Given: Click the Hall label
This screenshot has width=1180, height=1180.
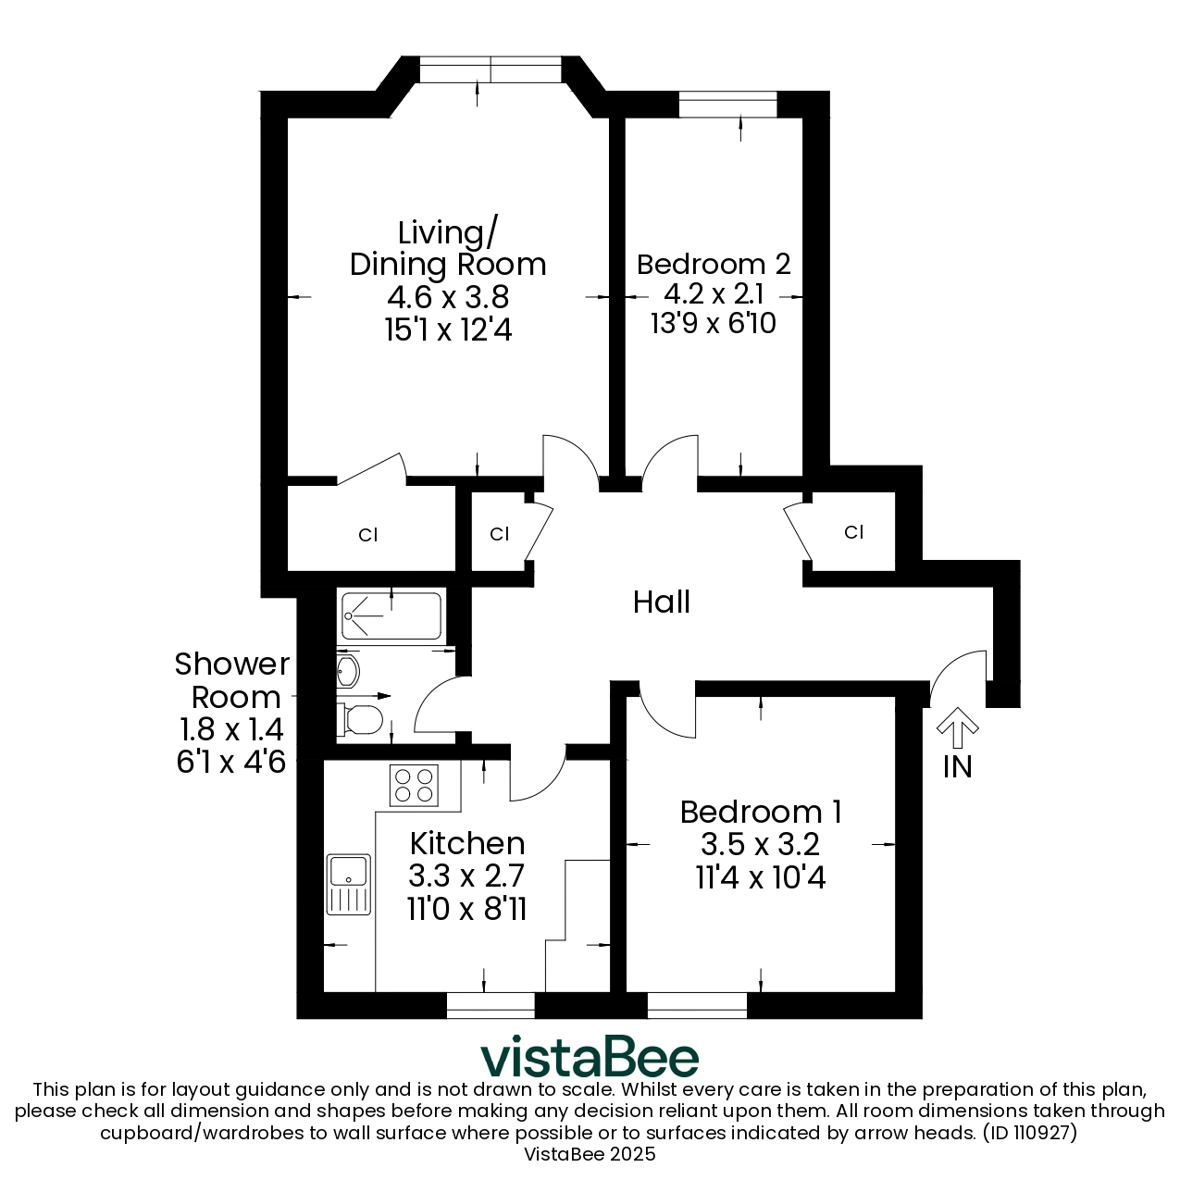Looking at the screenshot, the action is (x=662, y=602).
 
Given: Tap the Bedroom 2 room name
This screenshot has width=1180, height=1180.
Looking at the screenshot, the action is (x=714, y=265).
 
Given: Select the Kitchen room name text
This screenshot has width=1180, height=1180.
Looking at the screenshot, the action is (x=467, y=844).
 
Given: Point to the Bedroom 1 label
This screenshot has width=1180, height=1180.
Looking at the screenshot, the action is (x=761, y=812).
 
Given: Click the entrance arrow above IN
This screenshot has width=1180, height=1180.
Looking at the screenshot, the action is (x=958, y=727).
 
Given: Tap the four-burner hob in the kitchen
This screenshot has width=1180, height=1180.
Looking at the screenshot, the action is (x=414, y=786).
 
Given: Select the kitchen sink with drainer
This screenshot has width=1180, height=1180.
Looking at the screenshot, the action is (x=348, y=885).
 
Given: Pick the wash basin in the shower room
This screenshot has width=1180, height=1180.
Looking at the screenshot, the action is (x=347, y=671).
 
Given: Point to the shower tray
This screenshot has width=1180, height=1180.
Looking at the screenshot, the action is (x=391, y=615).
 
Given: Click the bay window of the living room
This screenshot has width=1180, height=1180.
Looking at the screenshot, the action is (x=490, y=69).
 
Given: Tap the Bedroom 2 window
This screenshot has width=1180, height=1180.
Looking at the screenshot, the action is (x=728, y=104).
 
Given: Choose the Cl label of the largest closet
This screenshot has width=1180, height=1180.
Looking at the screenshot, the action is (x=368, y=535).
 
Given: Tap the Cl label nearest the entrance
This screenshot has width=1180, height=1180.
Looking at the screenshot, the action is (x=853, y=532).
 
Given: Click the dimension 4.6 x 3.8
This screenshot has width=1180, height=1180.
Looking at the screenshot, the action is (x=448, y=298).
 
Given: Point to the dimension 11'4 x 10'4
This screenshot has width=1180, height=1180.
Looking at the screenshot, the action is (x=761, y=876).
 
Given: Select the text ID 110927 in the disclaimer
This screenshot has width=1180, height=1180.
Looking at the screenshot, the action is (x=1030, y=1133).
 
